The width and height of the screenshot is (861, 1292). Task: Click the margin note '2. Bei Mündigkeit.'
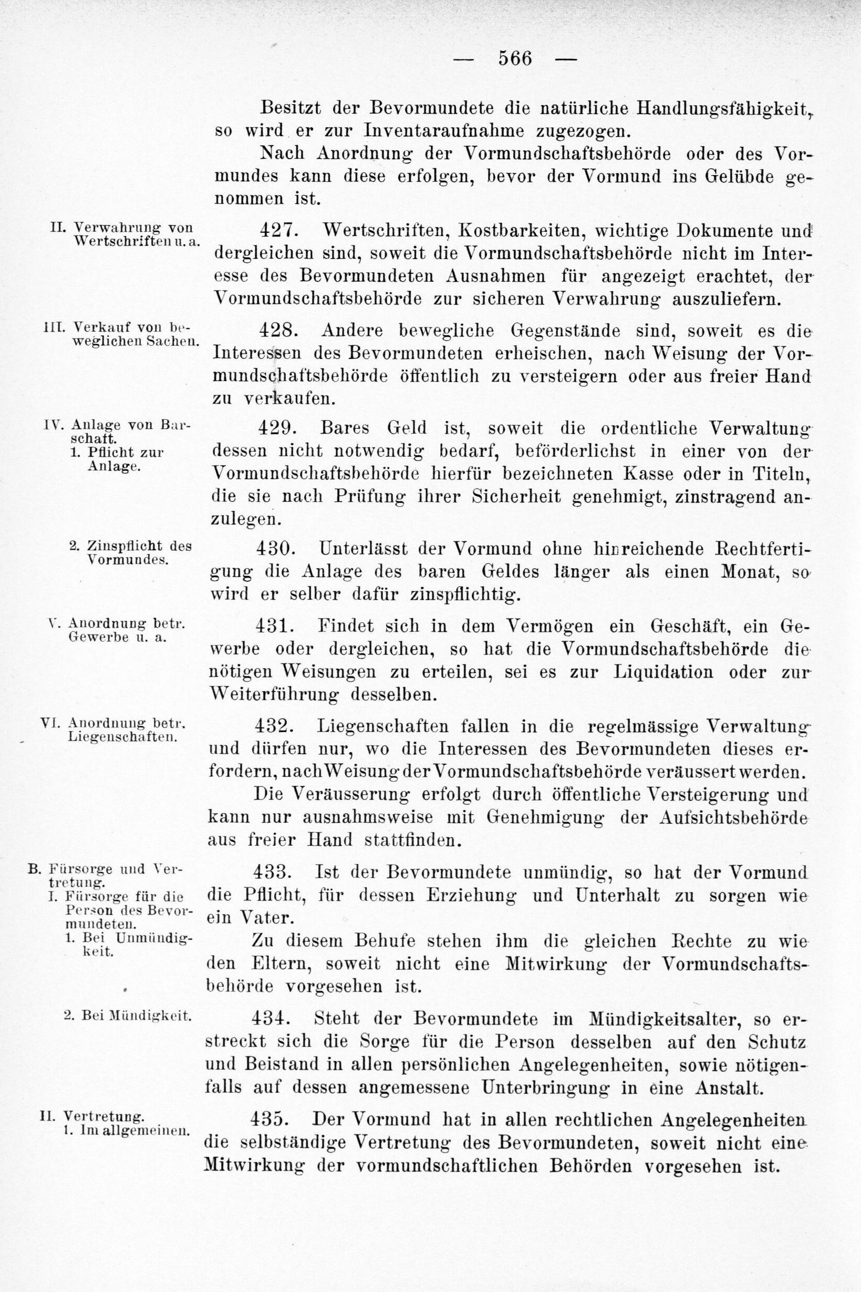129,1015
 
